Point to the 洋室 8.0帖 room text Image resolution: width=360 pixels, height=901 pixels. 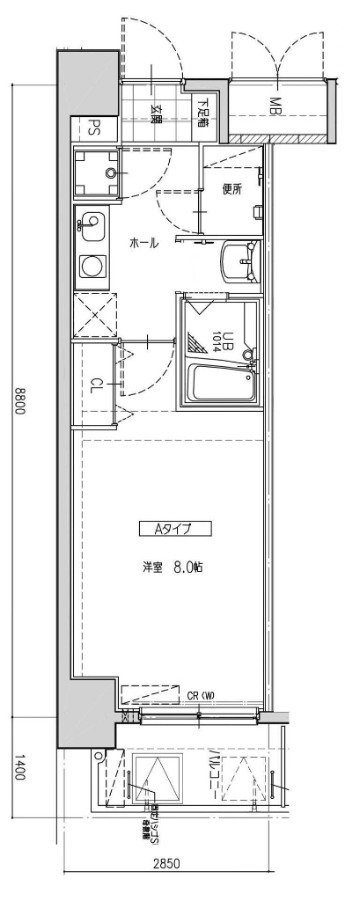click(173, 568)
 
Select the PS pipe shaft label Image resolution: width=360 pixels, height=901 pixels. click(92, 128)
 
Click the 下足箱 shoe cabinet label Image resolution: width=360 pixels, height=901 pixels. click(202, 111)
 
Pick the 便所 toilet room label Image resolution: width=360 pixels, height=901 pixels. click(231, 188)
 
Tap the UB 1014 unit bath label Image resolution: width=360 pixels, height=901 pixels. click(222, 338)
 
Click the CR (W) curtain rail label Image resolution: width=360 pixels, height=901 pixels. click(201, 696)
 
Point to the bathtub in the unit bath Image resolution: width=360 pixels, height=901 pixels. click(223, 385)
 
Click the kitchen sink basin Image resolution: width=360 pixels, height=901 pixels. click(92, 223)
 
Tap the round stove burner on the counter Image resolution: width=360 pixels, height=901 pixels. click(92, 265)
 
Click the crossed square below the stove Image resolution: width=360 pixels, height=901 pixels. click(95, 316)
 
